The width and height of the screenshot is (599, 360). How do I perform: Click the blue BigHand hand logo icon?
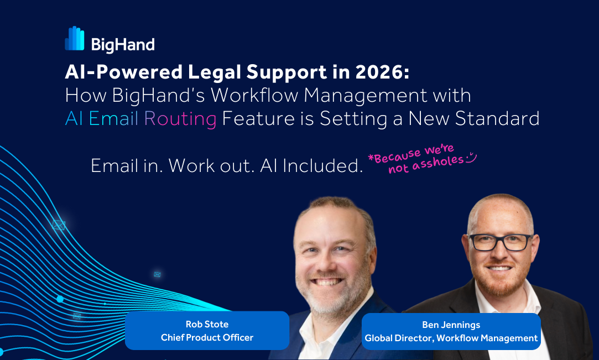point(75,38)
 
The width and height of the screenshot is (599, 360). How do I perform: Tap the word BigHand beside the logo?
point(123,45)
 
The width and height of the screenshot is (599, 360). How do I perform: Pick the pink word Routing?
point(180,119)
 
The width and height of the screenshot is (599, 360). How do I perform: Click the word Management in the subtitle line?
point(366,96)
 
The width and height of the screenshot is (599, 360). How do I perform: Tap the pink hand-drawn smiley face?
point(471,157)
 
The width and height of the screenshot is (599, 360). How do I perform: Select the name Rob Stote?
point(207,324)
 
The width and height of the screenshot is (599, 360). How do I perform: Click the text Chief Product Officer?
point(207,337)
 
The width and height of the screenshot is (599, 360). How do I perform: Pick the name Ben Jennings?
point(451,325)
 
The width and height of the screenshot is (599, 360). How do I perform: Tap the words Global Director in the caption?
point(398,338)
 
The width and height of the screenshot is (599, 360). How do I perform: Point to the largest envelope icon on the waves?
point(59,225)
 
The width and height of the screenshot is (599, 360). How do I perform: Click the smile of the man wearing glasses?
point(499,268)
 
